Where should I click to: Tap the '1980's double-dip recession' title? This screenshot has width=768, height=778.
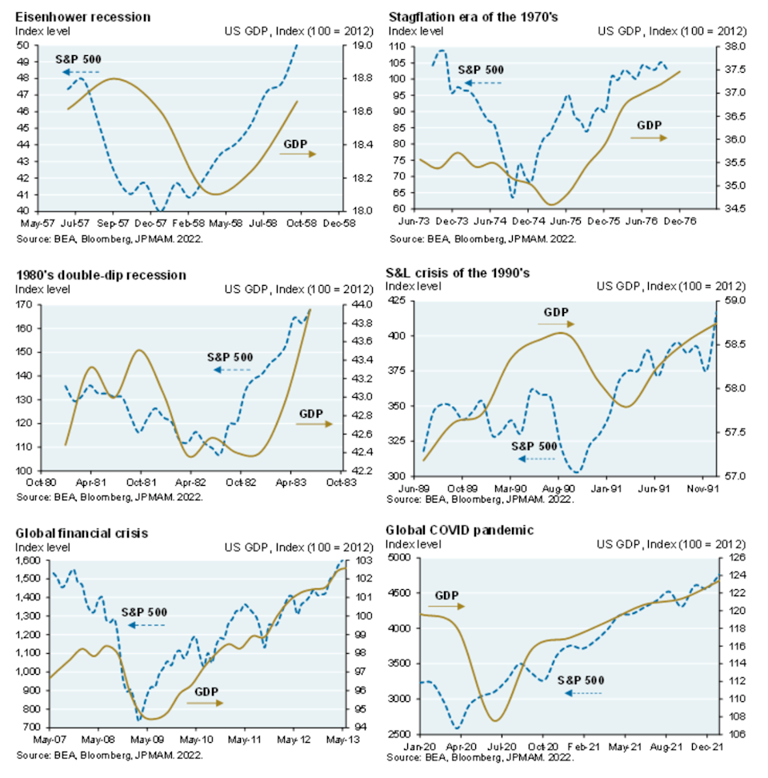pyautogui.click(x=101, y=275)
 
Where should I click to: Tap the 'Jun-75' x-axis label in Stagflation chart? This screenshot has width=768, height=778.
pyautogui.click(x=565, y=221)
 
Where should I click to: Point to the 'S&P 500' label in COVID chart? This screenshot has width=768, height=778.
pyautogui.click(x=580, y=680)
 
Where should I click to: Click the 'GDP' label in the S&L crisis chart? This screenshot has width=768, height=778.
pyautogui.click(x=555, y=311)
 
